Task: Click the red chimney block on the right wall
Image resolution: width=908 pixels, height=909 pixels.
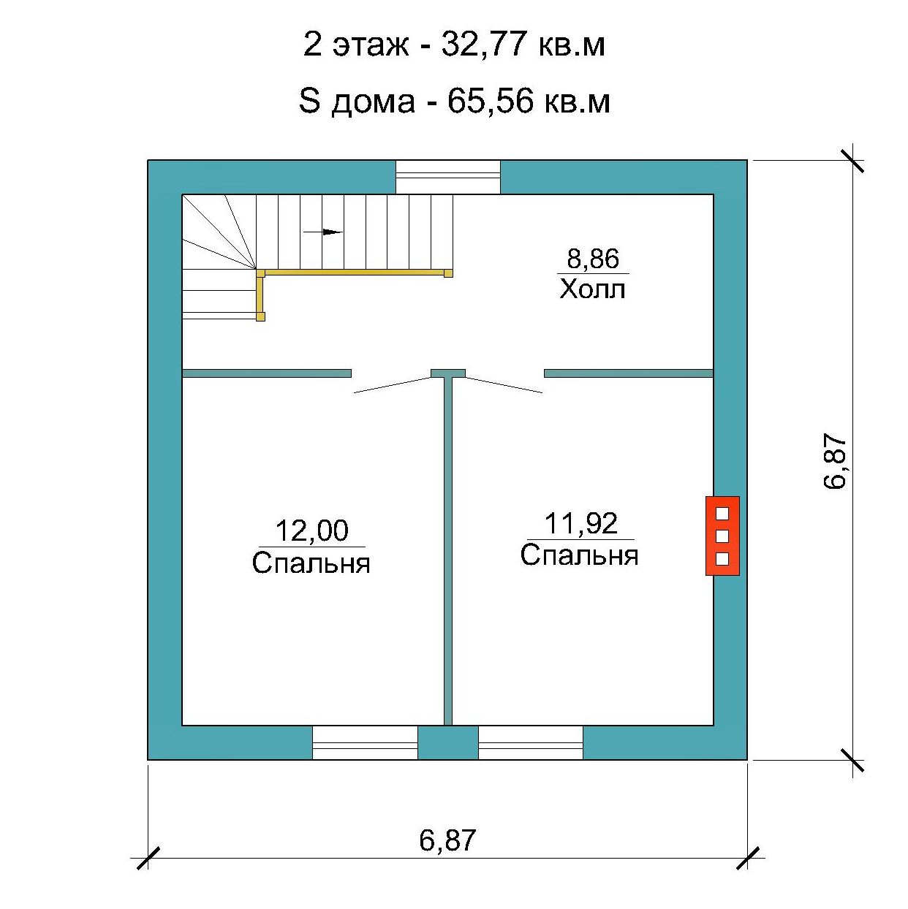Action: click(x=722, y=536)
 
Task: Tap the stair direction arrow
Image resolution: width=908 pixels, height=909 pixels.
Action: click(x=323, y=232)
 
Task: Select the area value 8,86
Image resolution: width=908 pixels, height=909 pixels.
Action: click(x=593, y=259)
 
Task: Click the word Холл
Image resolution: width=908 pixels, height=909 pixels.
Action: click(x=593, y=289)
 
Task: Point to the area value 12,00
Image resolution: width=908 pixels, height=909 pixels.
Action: click(x=311, y=530)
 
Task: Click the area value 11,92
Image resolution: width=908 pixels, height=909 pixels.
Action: click(x=580, y=523)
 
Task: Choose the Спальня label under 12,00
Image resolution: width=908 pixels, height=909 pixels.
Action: click(x=311, y=563)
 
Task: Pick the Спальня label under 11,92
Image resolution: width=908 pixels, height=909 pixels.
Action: click(x=579, y=555)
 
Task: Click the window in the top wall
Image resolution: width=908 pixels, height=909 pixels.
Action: click(x=447, y=177)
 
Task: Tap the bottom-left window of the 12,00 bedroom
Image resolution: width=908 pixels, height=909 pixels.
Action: click(x=365, y=742)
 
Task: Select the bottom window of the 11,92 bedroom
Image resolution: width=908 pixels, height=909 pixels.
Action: click(x=531, y=742)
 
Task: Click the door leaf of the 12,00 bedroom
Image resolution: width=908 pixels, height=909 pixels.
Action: click(x=393, y=384)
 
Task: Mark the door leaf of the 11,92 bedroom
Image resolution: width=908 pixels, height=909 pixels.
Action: click(x=504, y=384)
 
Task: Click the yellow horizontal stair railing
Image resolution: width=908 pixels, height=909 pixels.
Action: click(x=355, y=273)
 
